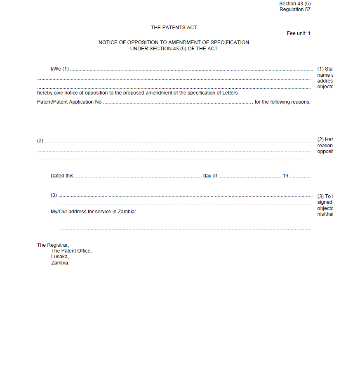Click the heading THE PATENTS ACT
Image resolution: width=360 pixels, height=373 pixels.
174,28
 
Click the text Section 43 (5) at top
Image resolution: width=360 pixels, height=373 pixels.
295,4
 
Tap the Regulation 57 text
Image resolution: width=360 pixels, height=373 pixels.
295,9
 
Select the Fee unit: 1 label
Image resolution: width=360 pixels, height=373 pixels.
299,33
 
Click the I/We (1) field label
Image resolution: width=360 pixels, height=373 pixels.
59,69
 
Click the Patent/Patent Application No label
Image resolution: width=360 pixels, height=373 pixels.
69,102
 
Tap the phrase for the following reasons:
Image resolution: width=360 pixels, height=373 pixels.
282,102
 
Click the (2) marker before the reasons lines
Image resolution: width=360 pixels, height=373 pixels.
40,141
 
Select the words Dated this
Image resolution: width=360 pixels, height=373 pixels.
62,176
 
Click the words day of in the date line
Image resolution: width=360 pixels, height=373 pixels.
210,176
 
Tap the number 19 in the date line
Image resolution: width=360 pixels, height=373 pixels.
285,176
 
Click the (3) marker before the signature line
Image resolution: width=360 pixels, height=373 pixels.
54,195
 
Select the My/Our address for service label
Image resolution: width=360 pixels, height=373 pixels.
93,212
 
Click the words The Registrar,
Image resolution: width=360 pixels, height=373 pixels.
53,245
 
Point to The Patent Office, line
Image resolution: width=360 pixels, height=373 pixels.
71,251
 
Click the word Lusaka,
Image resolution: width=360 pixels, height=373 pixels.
60,257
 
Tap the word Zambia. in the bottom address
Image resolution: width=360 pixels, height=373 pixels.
60,262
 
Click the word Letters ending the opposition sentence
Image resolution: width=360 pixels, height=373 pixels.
230,93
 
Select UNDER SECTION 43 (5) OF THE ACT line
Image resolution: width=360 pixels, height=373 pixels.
174,49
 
